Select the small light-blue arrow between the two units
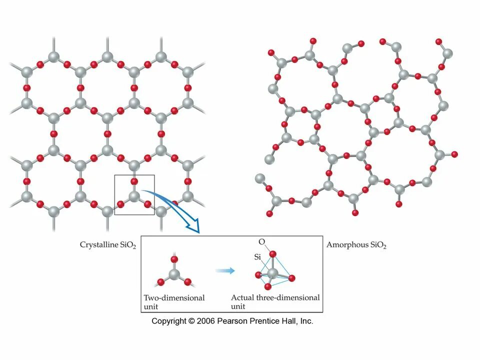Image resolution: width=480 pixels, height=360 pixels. coord(225,270)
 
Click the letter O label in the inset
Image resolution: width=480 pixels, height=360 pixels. coord(261,242)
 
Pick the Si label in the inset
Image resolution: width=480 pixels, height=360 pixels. coord(258,257)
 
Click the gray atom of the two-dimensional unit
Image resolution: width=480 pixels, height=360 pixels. coord(174,273)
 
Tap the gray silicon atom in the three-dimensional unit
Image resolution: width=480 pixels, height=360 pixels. coord(272,273)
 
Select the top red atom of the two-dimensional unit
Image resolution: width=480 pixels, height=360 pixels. coord(174,259)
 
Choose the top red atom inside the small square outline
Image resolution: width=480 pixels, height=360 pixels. coord(134,181)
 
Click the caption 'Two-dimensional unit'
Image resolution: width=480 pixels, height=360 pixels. coord(174,301)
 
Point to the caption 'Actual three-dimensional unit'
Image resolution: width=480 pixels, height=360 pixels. coord(275,301)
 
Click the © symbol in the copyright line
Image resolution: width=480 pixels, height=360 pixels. coord(191,321)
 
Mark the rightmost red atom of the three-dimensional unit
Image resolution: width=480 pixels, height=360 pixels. coord(292,278)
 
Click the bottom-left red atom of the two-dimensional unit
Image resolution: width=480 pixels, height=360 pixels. coord(161,282)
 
